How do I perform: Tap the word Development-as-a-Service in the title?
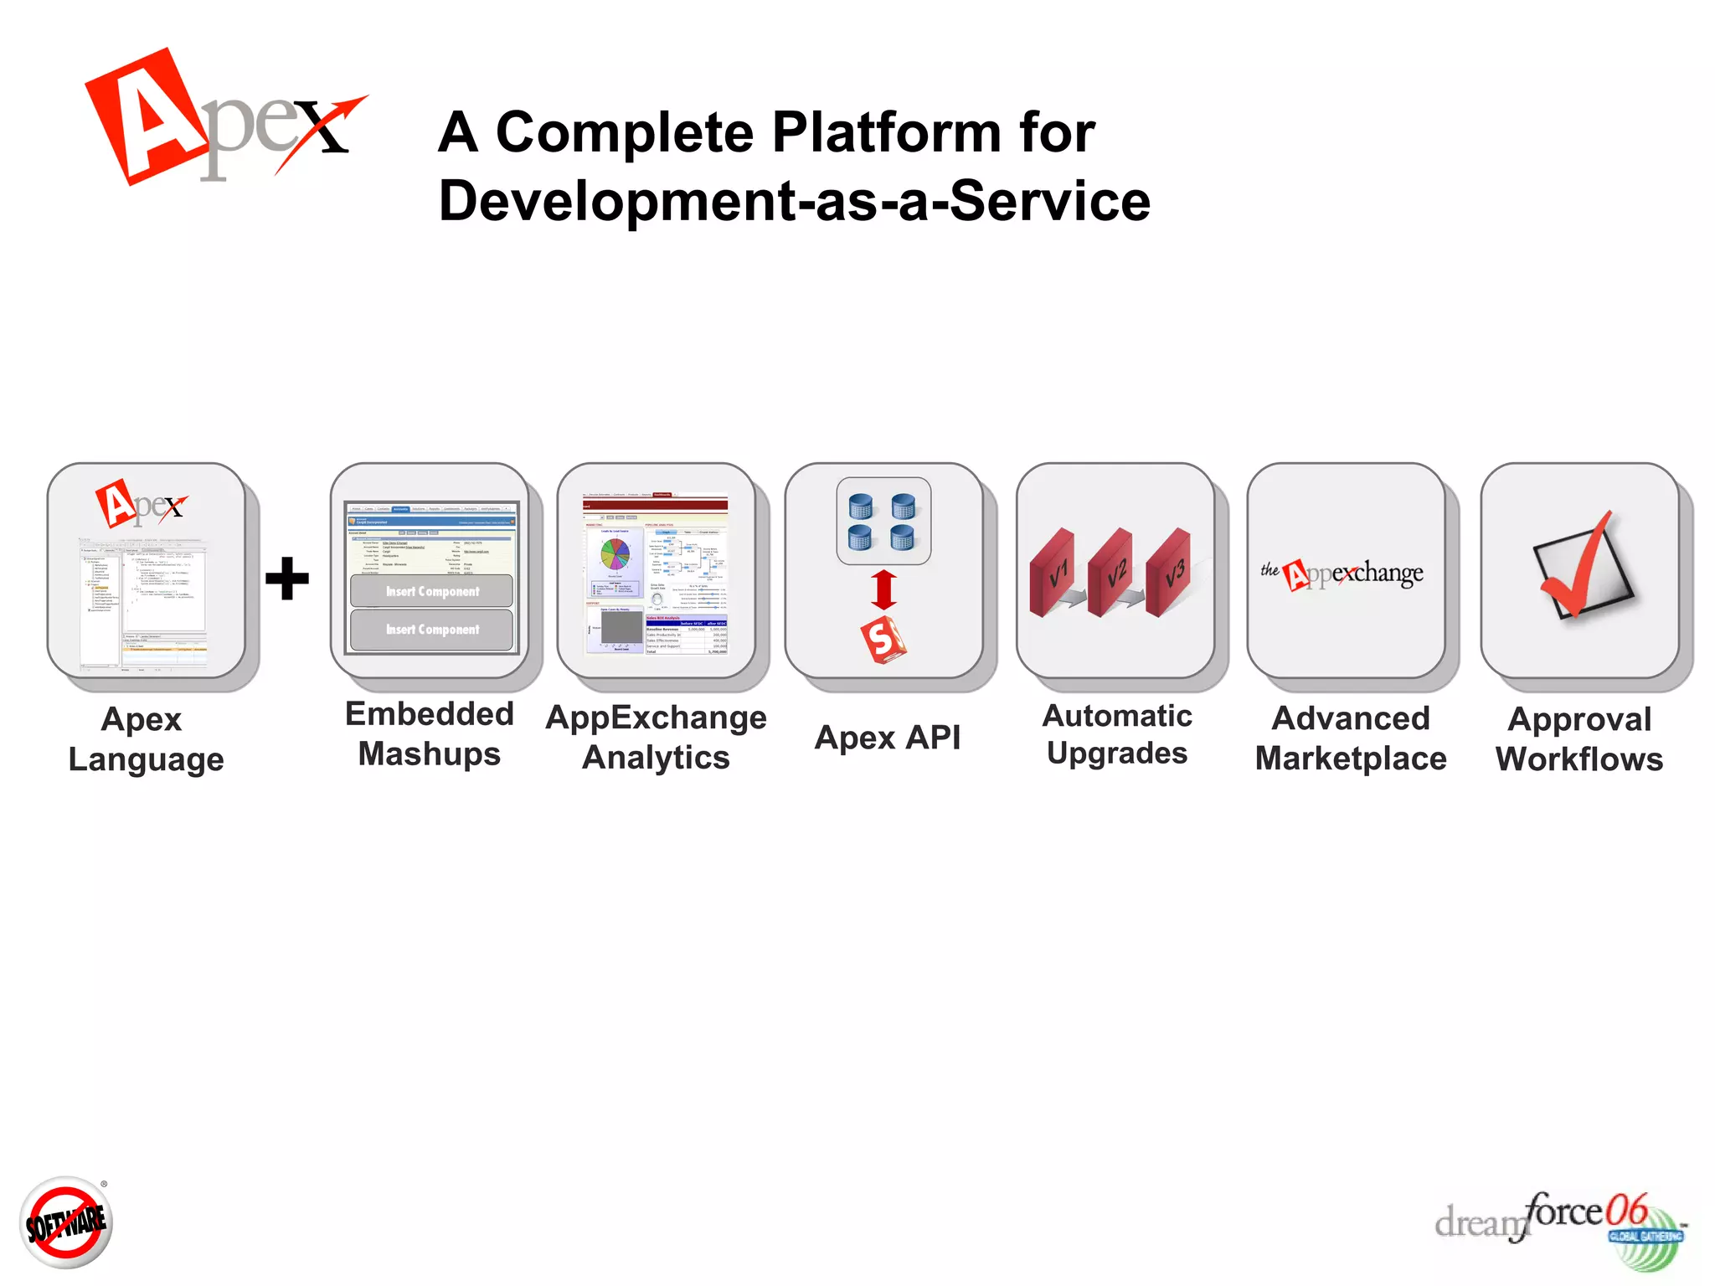(794, 201)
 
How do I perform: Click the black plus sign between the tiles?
(287, 579)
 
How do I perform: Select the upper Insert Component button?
(432, 591)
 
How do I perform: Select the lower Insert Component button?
(432, 630)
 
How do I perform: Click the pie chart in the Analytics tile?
(615, 553)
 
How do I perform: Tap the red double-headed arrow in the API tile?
(884, 589)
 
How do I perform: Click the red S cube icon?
(883, 640)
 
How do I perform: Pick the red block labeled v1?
(1053, 574)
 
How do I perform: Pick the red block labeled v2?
(1112, 574)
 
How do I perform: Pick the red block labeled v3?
(1170, 574)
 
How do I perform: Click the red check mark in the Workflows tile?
(1579, 565)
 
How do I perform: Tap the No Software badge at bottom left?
(66, 1223)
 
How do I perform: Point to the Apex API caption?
(888, 738)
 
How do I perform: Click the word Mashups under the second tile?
(430, 754)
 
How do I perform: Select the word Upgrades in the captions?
(1117, 754)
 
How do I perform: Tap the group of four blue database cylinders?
(883, 521)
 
